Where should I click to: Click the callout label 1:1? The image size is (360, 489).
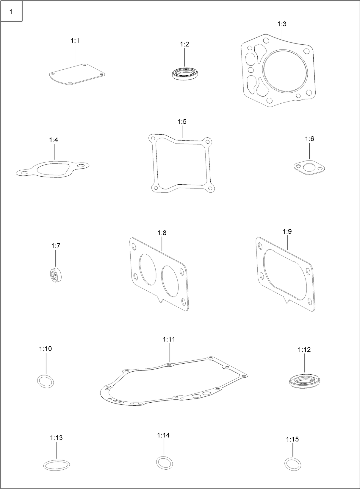coord(75,41)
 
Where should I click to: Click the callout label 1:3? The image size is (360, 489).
coord(282,24)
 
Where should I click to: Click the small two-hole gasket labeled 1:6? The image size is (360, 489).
coord(309,167)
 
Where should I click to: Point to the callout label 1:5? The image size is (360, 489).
coord(182,122)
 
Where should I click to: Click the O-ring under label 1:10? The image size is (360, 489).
coord(46,381)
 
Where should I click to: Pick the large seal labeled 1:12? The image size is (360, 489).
coord(304,381)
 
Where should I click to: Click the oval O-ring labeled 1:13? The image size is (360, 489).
coord(57,465)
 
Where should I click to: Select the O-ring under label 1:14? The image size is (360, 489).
coord(164,462)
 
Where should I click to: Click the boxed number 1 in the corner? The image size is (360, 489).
coord(11,12)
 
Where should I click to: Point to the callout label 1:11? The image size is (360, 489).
coord(169,339)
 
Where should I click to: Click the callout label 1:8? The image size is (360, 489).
coord(162,233)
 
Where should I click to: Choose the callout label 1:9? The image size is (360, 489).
coord(287,231)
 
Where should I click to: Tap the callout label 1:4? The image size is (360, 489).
coord(54,140)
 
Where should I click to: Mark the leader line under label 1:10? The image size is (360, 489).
coord(46,364)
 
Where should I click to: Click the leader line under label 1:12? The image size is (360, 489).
coord(305,365)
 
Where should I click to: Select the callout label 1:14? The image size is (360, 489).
coord(163,435)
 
